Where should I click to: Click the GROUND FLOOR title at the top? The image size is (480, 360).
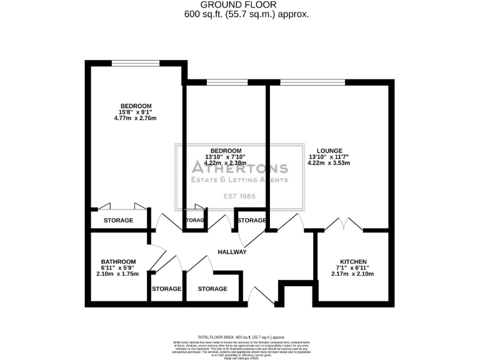pos(240,4)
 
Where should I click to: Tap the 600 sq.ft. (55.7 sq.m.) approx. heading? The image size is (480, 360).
pos(240,14)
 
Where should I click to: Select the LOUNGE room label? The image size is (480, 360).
pos(329,151)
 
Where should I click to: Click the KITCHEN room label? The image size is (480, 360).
pos(353,261)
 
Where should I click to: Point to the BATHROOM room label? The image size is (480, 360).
pos(119,261)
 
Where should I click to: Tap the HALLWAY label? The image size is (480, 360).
pos(232,252)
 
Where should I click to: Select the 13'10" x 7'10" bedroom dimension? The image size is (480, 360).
pos(226,157)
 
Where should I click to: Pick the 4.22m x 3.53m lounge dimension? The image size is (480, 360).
pos(329,163)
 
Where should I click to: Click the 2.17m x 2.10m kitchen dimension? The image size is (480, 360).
pos(353,273)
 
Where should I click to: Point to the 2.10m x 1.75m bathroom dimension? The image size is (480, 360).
pos(117,273)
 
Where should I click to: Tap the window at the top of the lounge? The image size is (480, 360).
pos(312,82)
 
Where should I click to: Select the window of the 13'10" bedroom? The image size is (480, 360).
pos(226,82)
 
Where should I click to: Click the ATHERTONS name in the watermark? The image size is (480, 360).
pos(239,167)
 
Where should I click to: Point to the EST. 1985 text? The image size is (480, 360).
pos(239,197)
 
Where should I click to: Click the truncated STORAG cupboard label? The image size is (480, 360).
pos(194,221)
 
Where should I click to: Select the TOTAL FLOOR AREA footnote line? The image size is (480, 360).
pos(239,337)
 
